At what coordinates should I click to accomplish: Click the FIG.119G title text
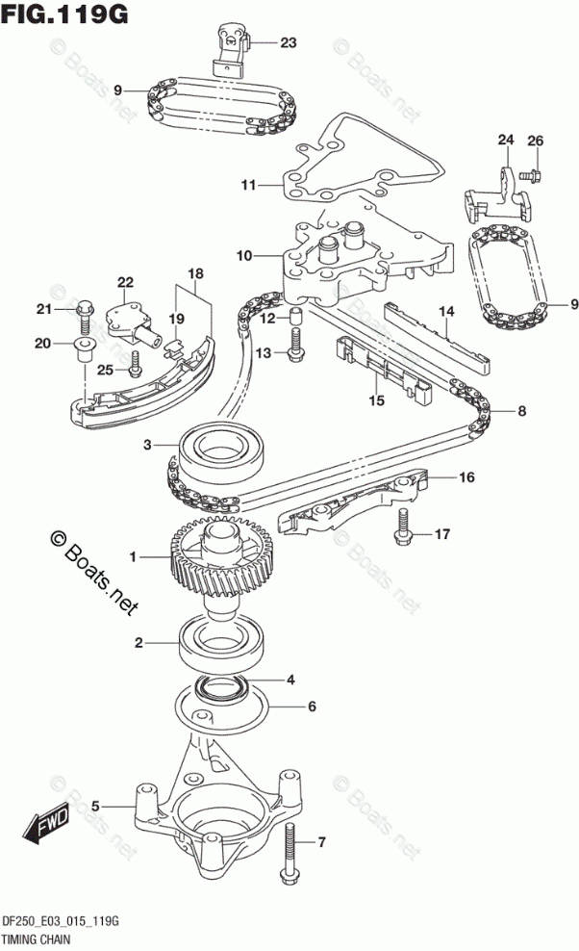pos(64,13)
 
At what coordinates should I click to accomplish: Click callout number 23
pos(289,42)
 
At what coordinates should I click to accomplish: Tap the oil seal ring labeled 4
pos(223,686)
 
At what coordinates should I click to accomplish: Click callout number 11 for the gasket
pos(248,185)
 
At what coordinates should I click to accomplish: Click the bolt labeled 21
pos(85,317)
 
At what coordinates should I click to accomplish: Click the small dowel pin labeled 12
pos(294,316)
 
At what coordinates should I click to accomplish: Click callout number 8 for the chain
pos(521,411)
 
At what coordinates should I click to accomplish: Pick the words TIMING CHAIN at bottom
pos(37,939)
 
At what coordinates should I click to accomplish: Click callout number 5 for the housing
pos(95,807)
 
